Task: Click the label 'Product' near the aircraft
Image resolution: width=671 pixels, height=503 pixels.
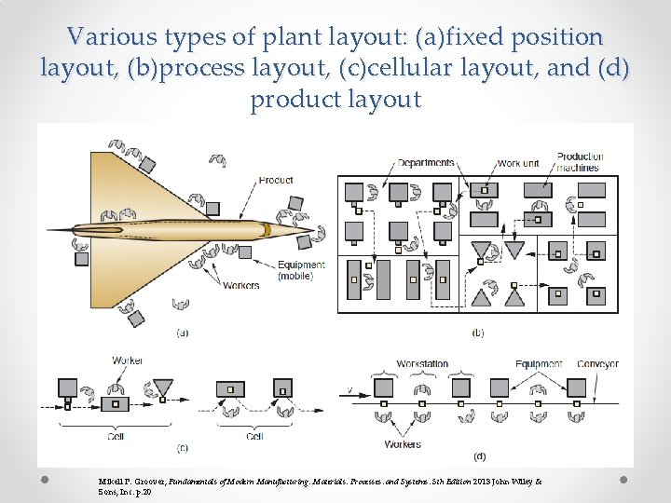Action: (x=275, y=180)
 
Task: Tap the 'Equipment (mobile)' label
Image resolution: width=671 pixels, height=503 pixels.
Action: (x=301, y=270)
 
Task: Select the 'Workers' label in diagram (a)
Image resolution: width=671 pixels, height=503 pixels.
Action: (x=240, y=286)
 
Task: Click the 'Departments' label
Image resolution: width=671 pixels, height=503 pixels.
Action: (x=426, y=163)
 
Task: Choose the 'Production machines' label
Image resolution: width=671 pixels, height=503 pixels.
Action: (x=580, y=162)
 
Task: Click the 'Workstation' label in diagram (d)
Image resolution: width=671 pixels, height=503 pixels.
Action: (x=422, y=363)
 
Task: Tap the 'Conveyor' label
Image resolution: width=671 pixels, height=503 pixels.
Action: (x=597, y=363)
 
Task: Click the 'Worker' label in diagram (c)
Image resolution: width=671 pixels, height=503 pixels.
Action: (x=127, y=360)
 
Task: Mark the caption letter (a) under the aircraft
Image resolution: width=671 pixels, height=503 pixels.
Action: (x=182, y=333)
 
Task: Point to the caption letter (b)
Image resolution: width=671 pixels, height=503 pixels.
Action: (x=478, y=333)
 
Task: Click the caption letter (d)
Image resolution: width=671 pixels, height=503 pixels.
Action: (x=479, y=456)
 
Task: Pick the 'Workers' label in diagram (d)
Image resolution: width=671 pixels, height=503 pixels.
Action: (x=403, y=444)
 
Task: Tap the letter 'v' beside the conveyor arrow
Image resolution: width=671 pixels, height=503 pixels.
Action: (x=349, y=389)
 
